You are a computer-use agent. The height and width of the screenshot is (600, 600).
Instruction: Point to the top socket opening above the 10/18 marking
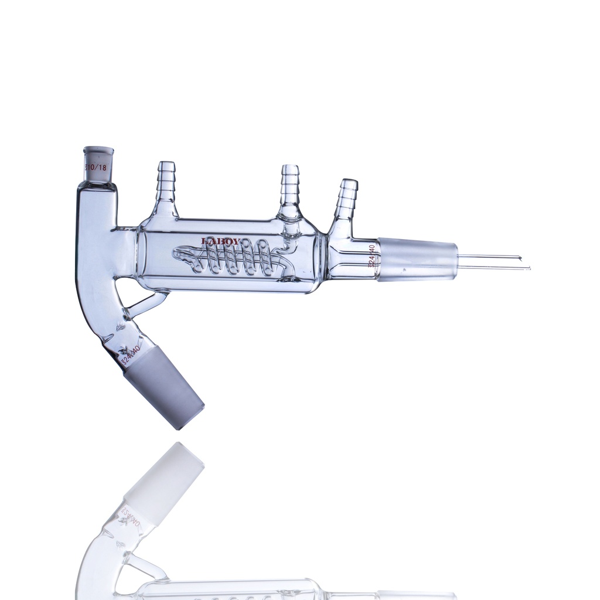coord(98,149)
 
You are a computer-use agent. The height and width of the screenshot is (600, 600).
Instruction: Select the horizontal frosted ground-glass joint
coord(417,260)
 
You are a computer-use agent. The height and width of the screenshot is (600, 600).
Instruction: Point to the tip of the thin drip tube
coord(528,268)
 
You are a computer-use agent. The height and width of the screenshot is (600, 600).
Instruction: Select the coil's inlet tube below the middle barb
coord(287,240)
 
